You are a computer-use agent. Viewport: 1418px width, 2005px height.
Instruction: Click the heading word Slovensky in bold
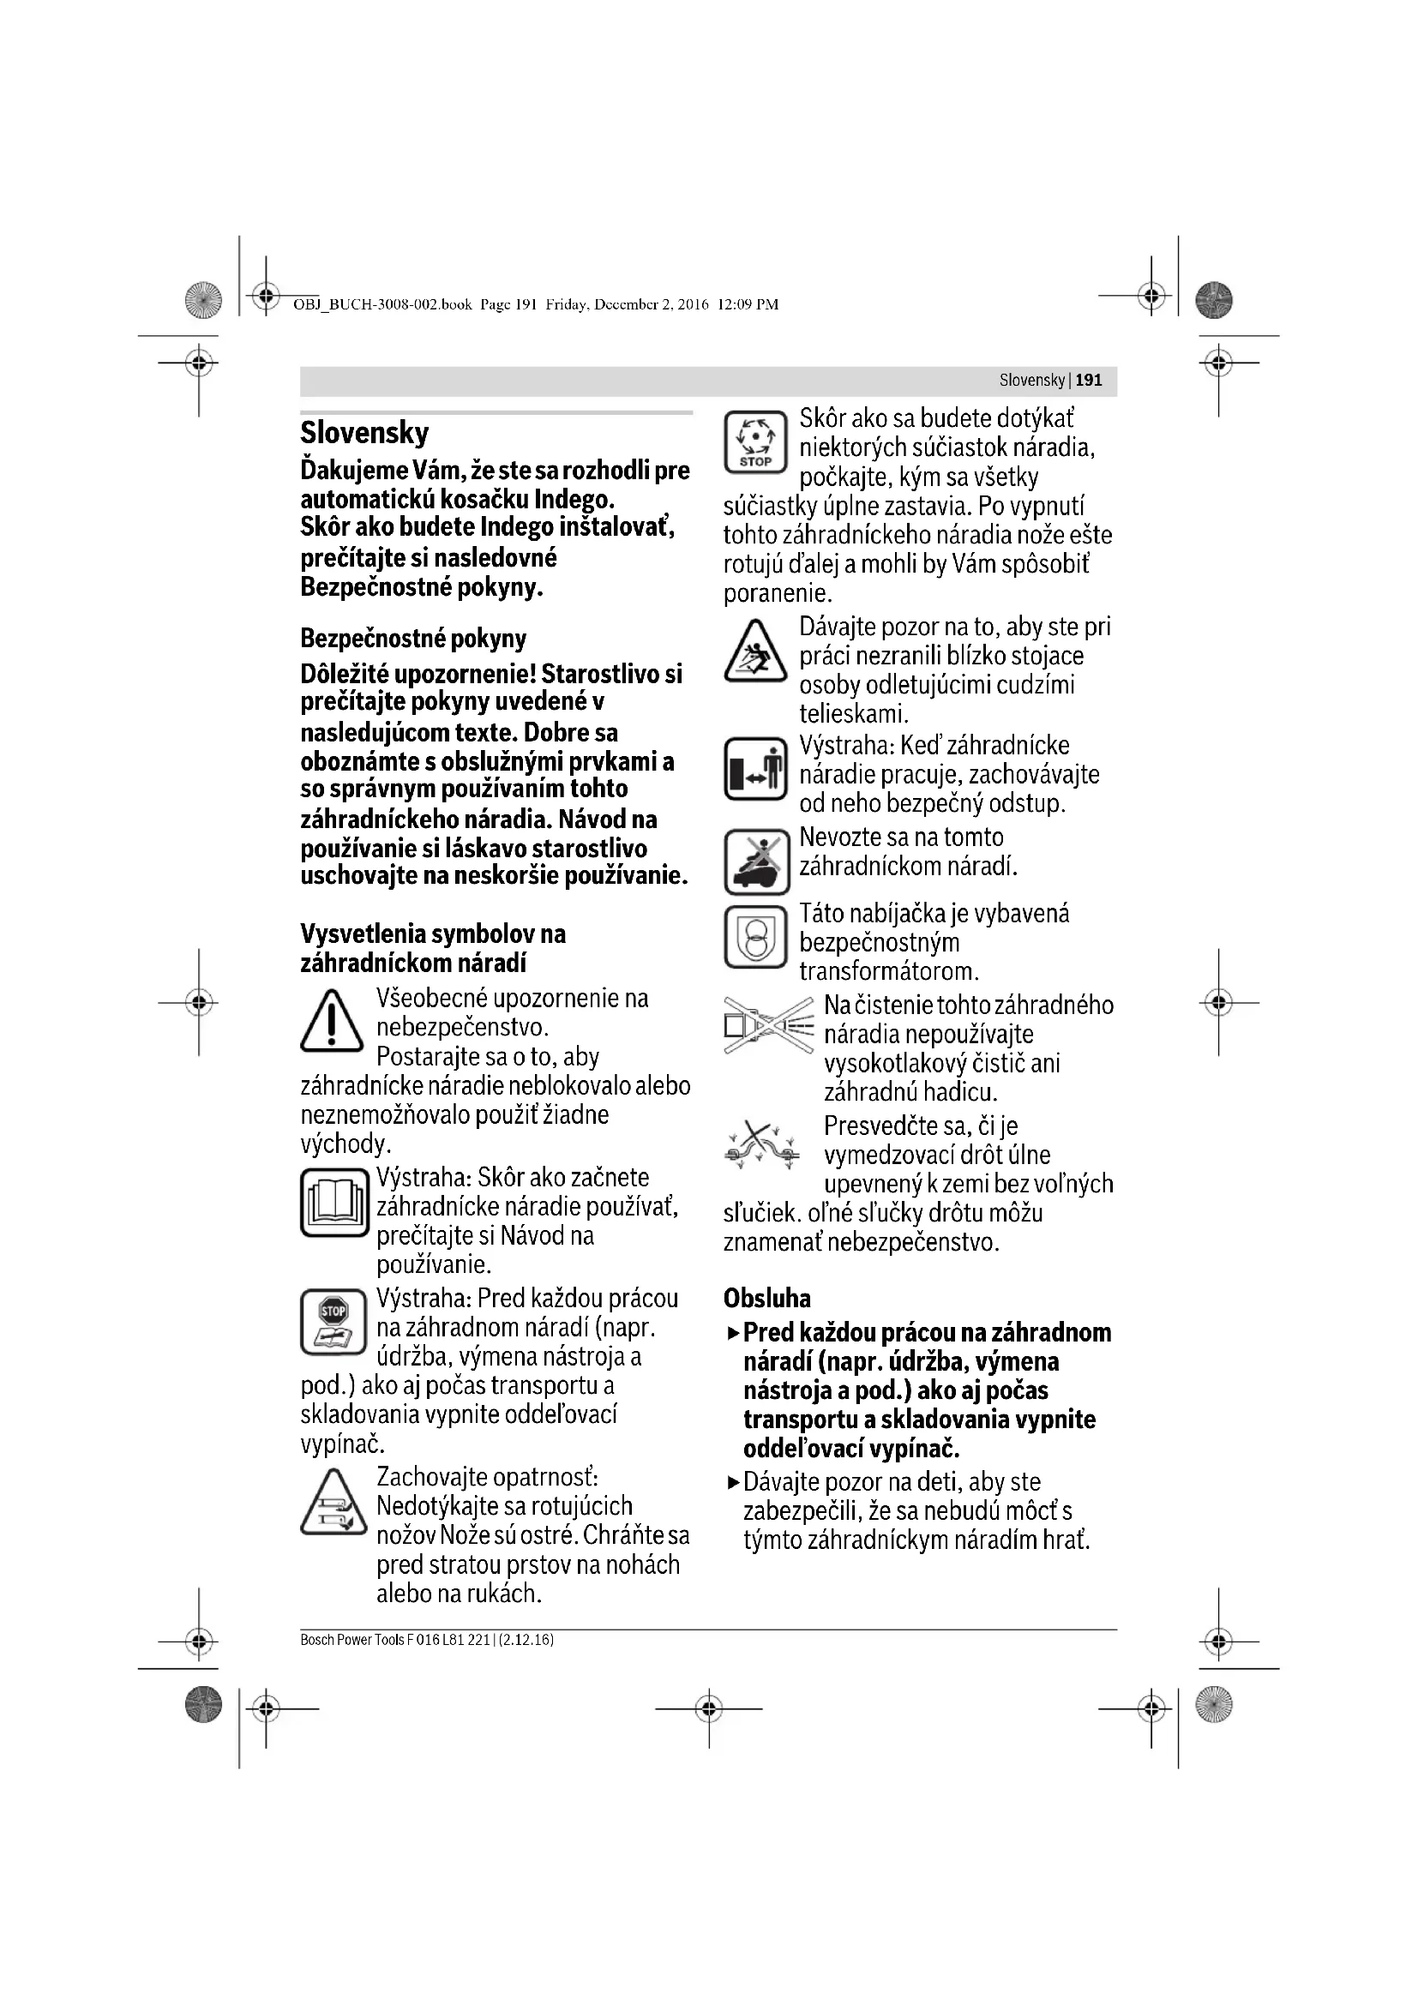point(364,433)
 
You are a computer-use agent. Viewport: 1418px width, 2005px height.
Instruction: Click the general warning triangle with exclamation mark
point(332,1021)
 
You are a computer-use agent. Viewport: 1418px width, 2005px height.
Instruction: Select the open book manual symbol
point(333,1203)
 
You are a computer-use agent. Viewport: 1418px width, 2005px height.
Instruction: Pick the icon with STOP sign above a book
point(333,1322)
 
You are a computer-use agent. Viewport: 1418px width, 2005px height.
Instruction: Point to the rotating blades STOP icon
point(756,442)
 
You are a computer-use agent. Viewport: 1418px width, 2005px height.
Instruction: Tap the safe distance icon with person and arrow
point(756,769)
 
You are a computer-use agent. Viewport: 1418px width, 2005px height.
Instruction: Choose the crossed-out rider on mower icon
point(756,861)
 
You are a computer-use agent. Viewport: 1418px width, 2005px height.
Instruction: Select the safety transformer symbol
point(756,938)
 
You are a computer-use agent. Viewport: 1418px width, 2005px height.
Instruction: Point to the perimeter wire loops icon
point(762,1145)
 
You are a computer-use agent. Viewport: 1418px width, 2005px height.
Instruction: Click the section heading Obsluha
point(766,1299)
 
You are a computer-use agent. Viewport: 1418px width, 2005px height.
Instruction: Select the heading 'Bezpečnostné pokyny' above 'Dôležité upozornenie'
point(413,639)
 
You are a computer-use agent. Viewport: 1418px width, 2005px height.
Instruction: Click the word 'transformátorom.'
point(889,971)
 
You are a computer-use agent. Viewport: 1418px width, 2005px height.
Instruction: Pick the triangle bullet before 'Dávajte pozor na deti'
point(731,1482)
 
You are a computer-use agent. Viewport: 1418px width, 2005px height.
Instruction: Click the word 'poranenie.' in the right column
point(777,594)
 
